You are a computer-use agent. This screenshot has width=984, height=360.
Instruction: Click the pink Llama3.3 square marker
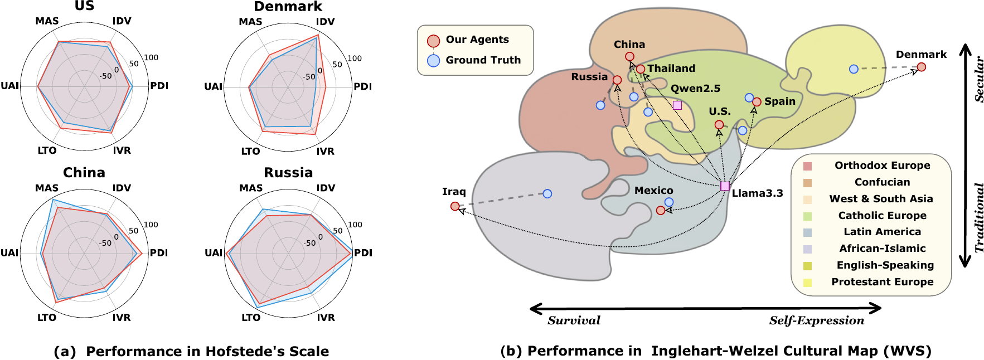tap(725, 186)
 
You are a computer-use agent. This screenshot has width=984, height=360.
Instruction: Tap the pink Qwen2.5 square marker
tap(677, 105)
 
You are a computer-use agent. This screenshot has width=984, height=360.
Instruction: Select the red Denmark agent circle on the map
tap(922, 67)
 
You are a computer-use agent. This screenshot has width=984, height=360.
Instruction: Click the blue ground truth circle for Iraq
tap(547, 194)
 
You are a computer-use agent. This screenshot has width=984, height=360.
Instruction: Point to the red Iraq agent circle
tap(455, 207)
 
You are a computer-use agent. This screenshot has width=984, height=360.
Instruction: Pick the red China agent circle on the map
tap(629, 56)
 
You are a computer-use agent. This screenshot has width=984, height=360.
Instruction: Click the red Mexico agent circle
tap(661, 211)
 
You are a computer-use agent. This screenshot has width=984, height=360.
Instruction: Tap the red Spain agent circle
tap(757, 102)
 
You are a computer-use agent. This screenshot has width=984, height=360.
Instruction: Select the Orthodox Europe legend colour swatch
tap(807, 166)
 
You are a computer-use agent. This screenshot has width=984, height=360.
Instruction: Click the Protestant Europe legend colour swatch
tap(807, 283)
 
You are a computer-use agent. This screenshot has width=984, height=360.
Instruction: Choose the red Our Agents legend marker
tap(433, 41)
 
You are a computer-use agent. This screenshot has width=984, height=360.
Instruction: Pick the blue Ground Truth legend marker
tap(433, 61)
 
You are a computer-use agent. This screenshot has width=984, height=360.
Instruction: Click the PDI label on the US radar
tap(159, 86)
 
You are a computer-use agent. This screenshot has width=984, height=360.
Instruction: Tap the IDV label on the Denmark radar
tap(325, 22)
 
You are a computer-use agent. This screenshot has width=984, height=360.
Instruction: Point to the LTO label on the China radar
tap(47, 318)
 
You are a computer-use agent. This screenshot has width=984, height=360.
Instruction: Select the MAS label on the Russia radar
tap(251, 188)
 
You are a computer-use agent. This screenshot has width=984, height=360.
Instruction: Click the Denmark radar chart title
tap(288, 7)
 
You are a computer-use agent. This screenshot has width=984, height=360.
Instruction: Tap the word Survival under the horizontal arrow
tap(574, 320)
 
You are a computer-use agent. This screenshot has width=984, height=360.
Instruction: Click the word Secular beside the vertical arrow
tap(979, 79)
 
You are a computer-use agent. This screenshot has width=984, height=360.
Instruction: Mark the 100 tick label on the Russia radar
tap(355, 225)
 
